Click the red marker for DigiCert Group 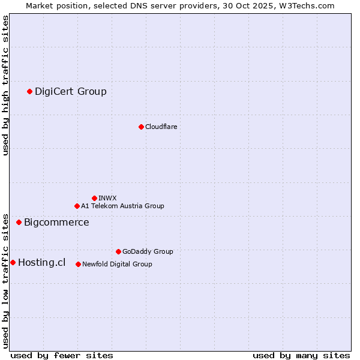pyautogui.click(x=29, y=91)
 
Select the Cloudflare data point pyautogui.click(x=141, y=127)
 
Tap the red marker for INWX pyautogui.click(x=94, y=198)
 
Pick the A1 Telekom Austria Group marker pyautogui.click(x=77, y=206)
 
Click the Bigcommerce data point pyautogui.click(x=19, y=222)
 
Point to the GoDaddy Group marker pyautogui.click(x=118, y=251)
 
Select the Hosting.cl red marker pyautogui.click(x=13, y=262)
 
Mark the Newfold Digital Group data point pyautogui.click(x=78, y=264)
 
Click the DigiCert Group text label pyautogui.click(x=71, y=91)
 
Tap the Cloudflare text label pyautogui.click(x=161, y=127)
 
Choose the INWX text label pyautogui.click(x=107, y=198)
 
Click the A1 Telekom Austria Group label pyautogui.click(x=122, y=206)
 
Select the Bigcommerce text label pyautogui.click(x=56, y=223)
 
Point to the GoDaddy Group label pyautogui.click(x=148, y=251)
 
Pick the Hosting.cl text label pyautogui.click(x=41, y=262)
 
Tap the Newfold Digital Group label pyautogui.click(x=117, y=264)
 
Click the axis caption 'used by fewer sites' pyautogui.click(x=62, y=355)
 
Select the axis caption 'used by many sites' pyautogui.click(x=301, y=355)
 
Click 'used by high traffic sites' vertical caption pyautogui.click(x=6, y=85)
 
